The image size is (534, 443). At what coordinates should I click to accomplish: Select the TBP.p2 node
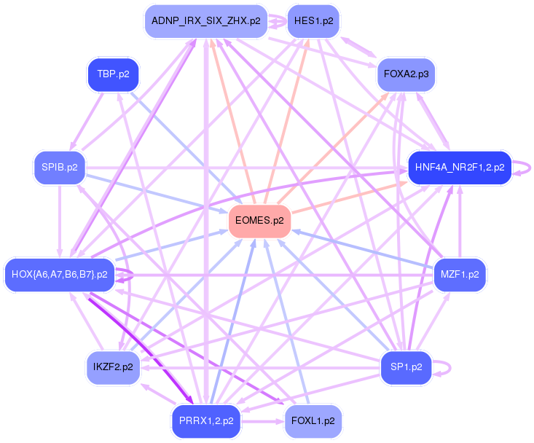[x=113, y=74]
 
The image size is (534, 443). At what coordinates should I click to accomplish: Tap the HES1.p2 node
[x=313, y=21]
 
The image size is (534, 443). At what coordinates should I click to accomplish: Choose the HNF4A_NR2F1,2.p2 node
[x=459, y=168]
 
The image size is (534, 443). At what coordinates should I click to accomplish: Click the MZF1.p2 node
[x=460, y=275]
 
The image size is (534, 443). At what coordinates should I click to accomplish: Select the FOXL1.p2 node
[x=313, y=421]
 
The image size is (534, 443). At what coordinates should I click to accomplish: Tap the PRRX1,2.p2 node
[x=206, y=421]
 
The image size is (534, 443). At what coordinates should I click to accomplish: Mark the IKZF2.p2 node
[x=113, y=367]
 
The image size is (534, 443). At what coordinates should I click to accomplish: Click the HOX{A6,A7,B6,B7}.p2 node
[x=60, y=275]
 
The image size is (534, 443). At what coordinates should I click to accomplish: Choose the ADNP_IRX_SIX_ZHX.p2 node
[x=206, y=21]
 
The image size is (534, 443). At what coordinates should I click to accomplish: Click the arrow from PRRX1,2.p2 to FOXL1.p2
[x=262, y=421]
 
